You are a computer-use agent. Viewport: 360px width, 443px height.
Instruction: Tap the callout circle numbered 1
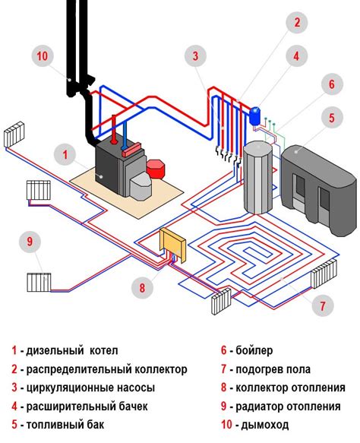(65, 156)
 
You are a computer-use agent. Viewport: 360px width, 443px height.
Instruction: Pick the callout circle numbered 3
(197, 55)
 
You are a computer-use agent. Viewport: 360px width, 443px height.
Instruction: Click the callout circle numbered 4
(298, 55)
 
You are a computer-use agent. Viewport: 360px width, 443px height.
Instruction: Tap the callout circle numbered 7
(321, 307)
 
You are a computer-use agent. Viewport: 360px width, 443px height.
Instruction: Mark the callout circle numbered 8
(141, 288)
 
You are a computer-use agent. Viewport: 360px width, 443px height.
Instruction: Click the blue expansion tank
(255, 115)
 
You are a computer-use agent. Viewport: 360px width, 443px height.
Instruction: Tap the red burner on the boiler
(157, 168)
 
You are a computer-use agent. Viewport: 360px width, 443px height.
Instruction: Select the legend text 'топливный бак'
(66, 424)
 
